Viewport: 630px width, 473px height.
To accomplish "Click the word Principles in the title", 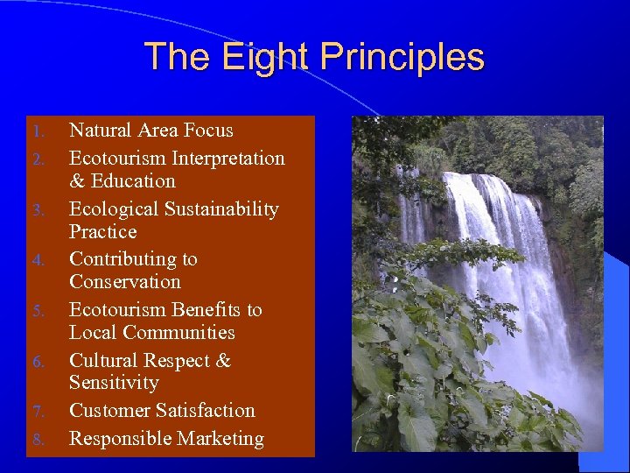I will tap(402, 58).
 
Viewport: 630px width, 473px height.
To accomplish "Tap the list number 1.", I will tap(38, 132).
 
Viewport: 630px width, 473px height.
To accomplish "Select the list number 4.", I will tap(38, 261).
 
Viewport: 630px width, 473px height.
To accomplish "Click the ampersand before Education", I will tap(76, 181).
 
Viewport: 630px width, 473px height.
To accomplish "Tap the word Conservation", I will tap(125, 282).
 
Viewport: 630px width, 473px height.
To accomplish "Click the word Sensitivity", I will tap(114, 384).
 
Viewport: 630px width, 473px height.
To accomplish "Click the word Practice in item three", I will tap(103, 232).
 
